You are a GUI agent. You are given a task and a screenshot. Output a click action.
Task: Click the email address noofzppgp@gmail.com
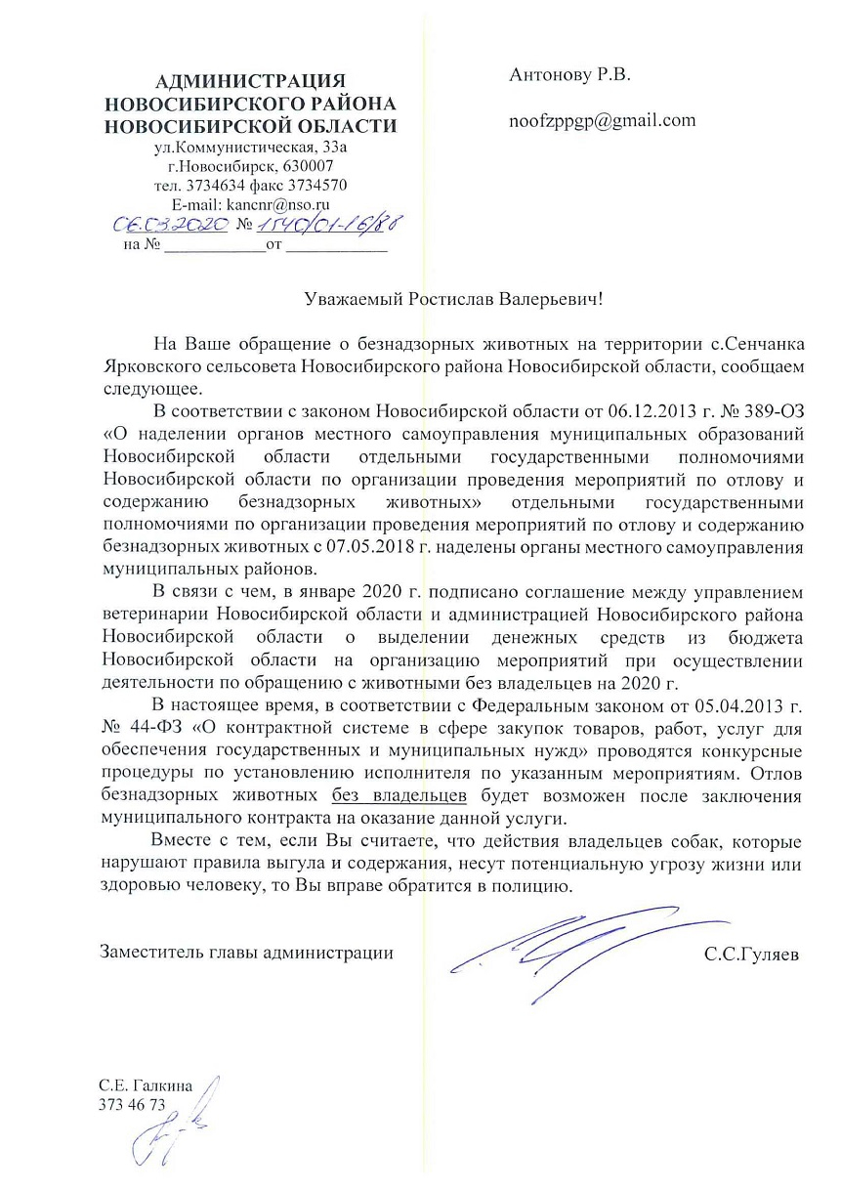point(602,121)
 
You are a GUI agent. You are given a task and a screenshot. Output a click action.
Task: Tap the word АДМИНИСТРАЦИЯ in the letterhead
point(251,80)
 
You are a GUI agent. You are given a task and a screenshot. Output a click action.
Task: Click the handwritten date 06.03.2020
point(172,226)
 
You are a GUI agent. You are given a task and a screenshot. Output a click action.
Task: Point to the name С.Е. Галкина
point(147,1084)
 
